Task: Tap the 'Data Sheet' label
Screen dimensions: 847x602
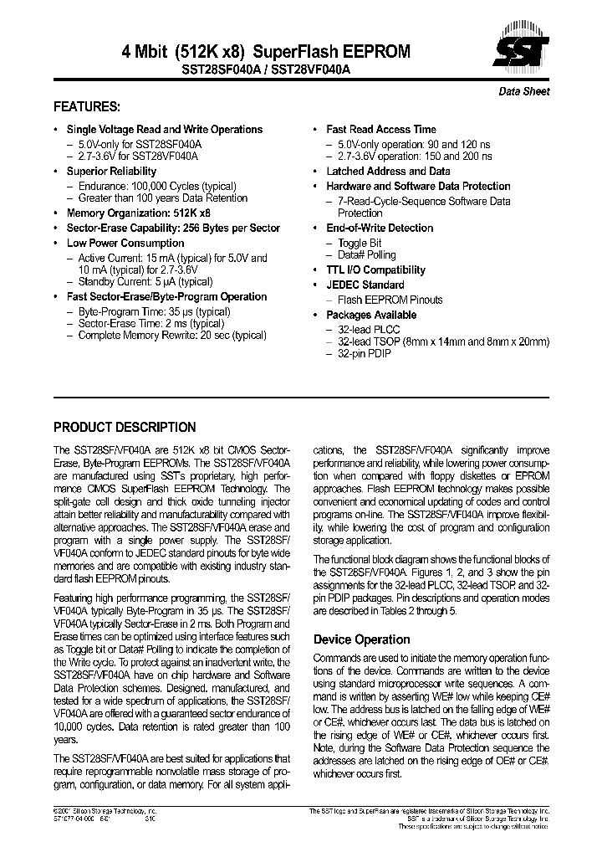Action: tap(524, 91)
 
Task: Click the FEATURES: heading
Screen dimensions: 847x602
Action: tap(87, 107)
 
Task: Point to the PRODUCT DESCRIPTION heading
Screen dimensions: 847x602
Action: tap(125, 427)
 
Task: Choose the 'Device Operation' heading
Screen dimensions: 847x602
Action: tap(361, 639)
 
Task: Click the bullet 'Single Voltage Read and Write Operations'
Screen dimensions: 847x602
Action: tap(164, 130)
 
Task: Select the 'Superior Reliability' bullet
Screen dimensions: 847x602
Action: tap(111, 172)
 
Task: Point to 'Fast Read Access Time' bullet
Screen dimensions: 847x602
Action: tap(380, 130)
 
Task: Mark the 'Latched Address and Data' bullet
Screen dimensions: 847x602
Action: tap(388, 172)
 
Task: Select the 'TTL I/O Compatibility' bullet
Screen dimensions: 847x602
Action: tap(375, 270)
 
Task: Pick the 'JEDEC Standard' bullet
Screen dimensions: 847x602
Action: tap(365, 285)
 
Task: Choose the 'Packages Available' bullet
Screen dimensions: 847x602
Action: tap(370, 315)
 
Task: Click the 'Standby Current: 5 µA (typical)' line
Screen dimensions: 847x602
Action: tap(145, 282)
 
